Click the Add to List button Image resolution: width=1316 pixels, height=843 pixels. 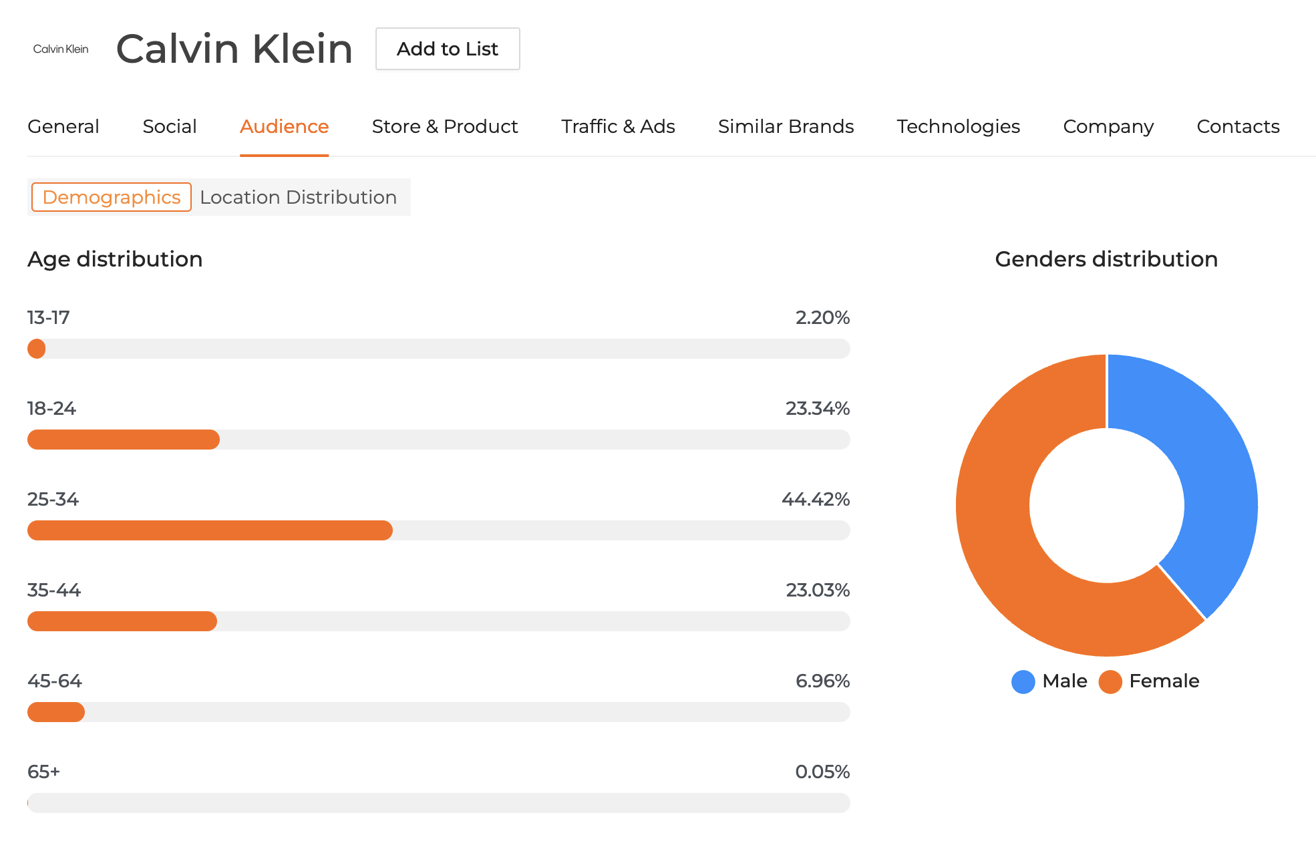pos(448,49)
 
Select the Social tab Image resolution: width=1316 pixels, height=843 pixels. pos(170,126)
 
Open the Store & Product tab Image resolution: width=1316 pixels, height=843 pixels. pos(445,126)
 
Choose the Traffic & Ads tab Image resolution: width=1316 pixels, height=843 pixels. pos(618,126)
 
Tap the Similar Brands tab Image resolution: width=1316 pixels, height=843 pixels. pos(786,126)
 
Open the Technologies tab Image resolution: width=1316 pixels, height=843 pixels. pos(958,126)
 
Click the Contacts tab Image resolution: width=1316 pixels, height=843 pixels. pos(1238,126)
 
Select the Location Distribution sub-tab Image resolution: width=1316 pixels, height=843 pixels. pos(298,197)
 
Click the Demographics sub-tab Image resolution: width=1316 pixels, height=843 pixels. pos(112,197)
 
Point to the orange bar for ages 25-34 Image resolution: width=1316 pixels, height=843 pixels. pos(210,530)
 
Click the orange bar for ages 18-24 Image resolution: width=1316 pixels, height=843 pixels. pos(124,440)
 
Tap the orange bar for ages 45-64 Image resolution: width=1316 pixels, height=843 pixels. pos(56,712)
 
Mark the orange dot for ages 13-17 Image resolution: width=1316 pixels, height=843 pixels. pos(37,349)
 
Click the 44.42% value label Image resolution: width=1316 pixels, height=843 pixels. pos(815,499)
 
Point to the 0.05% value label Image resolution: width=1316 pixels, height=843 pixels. pos(822,772)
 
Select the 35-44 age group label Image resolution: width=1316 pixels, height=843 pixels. pos(54,590)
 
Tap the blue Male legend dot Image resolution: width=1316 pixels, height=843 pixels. pos(1023,681)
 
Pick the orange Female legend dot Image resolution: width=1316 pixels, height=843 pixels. pos(1110,681)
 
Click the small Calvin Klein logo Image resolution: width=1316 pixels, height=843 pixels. pos(61,49)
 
